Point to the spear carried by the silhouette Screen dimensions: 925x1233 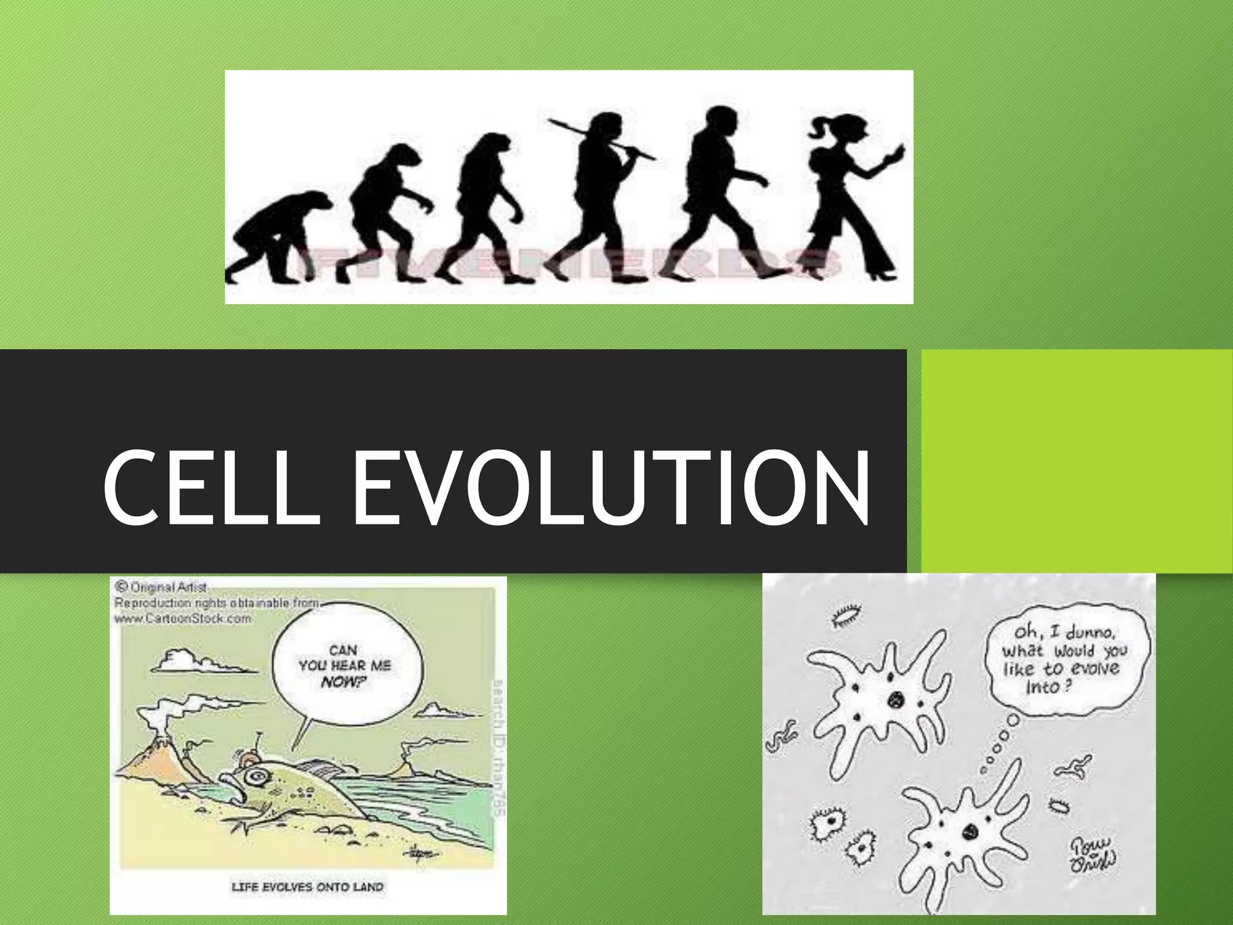[x=602, y=139]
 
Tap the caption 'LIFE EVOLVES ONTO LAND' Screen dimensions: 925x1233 [x=307, y=887]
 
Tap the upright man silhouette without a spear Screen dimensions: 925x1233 [x=722, y=193]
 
